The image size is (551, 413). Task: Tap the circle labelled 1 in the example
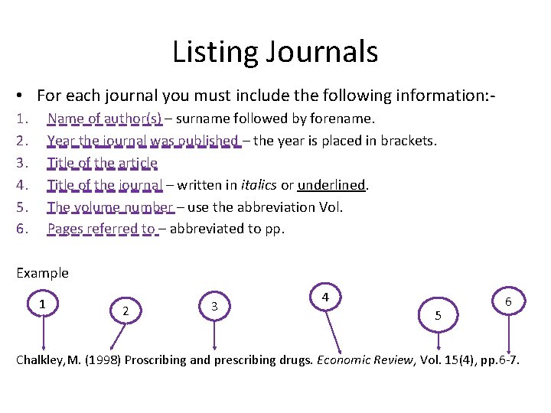coord(43,304)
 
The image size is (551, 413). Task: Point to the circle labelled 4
coord(325,296)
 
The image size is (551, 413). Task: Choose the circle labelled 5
coord(438,314)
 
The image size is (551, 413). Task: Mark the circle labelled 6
coord(507,303)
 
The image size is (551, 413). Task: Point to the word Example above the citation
coord(42,273)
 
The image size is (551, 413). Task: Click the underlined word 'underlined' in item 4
coord(332,184)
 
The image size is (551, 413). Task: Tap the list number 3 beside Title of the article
coord(21,162)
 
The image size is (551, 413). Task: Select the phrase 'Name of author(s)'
coord(104,119)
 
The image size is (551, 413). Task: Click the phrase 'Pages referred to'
coord(100,228)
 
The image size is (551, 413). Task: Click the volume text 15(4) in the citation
coord(448,359)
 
